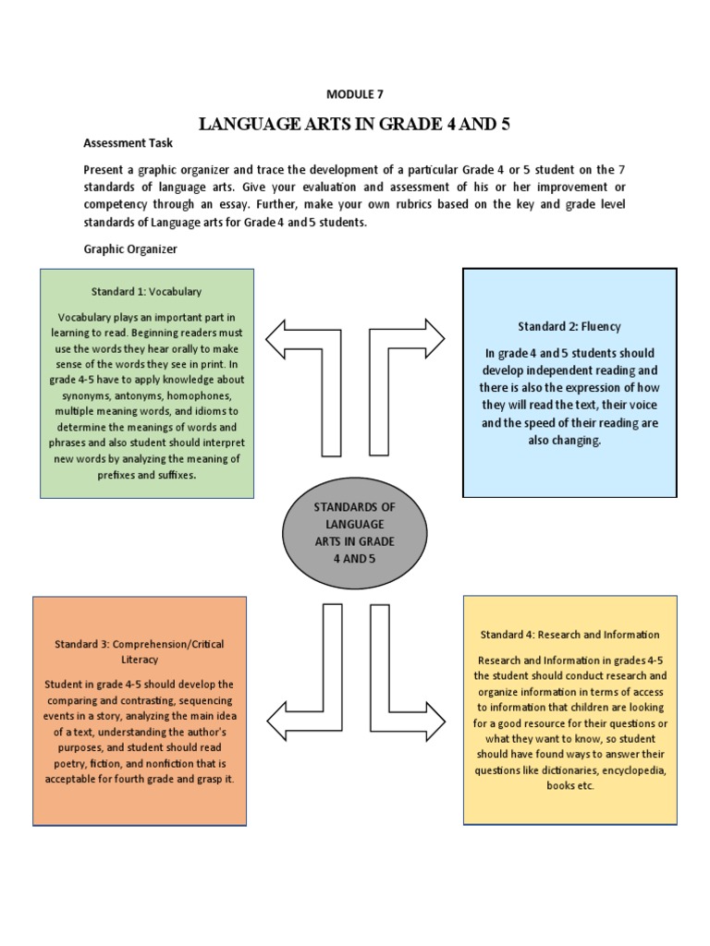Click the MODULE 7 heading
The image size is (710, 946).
click(354, 94)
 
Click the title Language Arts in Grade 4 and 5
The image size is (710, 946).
click(355, 124)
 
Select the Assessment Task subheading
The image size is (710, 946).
click(128, 144)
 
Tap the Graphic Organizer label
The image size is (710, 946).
click(129, 249)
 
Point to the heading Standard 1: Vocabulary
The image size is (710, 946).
click(146, 291)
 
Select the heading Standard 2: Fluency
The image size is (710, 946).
click(569, 326)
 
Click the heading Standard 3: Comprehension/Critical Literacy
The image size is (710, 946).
click(139, 651)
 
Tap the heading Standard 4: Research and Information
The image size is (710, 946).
click(569, 635)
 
